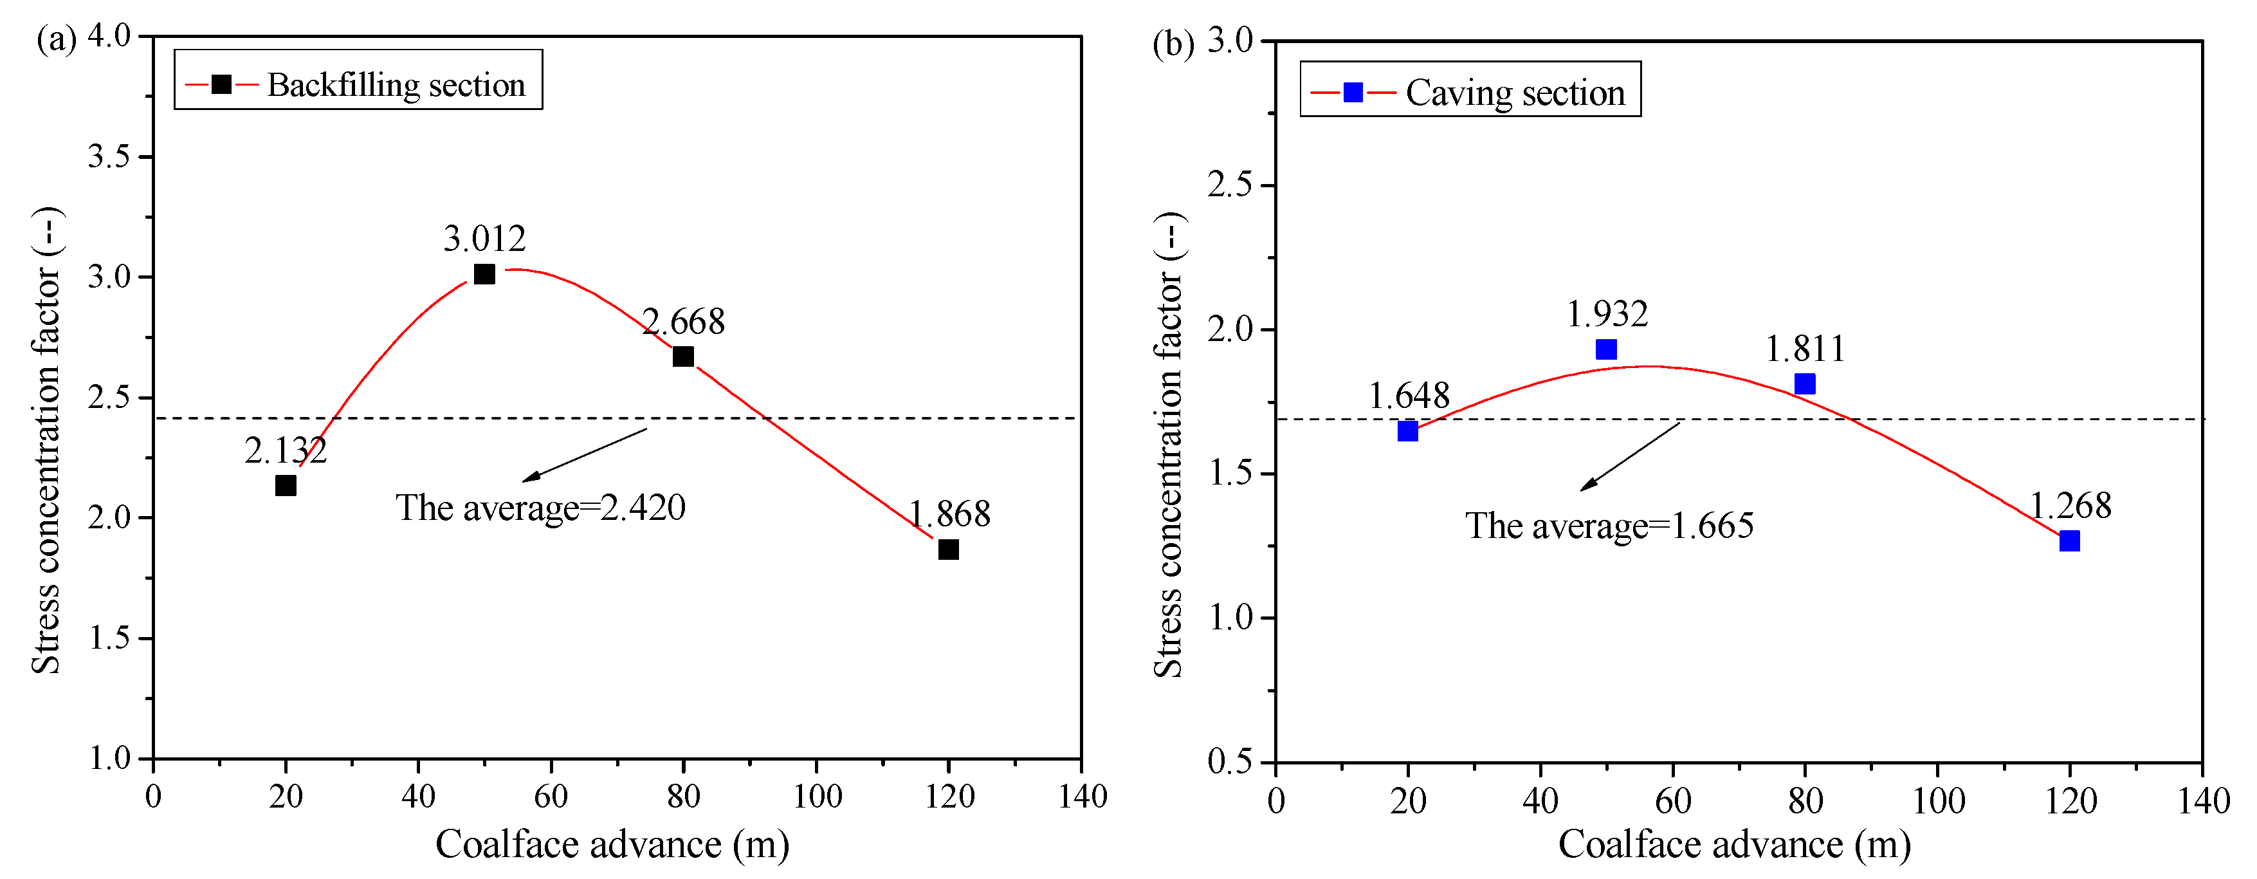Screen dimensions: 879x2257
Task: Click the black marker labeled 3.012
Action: click(484, 274)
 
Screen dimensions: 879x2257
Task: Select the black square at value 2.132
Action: click(286, 486)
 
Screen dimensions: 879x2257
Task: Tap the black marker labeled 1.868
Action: click(948, 550)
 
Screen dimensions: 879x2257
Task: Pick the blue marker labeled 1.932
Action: click(1606, 349)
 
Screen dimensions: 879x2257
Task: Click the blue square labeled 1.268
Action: click(2069, 541)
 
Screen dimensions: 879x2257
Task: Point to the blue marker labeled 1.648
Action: click(1408, 431)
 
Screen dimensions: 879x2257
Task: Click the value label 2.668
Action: click(684, 322)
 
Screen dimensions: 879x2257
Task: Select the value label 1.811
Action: click(1805, 349)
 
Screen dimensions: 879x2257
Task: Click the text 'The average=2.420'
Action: click(540, 508)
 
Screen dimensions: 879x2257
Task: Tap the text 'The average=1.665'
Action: click(1609, 526)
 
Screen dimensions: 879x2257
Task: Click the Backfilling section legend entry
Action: click(358, 85)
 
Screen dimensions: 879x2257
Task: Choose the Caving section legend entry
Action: click(1470, 92)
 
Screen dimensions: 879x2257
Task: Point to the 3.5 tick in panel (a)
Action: click(109, 157)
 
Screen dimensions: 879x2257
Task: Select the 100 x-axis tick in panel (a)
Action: click(817, 797)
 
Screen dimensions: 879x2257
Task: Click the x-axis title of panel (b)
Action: click(1734, 845)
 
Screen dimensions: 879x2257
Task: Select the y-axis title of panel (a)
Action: click(46, 440)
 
